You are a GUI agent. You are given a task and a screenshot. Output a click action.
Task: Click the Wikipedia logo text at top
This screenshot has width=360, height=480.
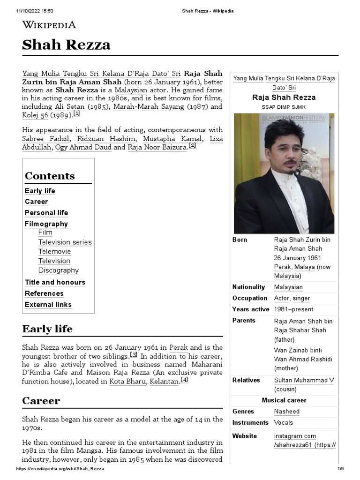pos(49,25)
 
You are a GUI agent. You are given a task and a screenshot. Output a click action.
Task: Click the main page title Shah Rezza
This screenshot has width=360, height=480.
pos(66,45)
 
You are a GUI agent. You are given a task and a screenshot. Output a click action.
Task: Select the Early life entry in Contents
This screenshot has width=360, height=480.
pos(40,191)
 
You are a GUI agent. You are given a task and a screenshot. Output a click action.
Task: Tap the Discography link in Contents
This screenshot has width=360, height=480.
pos(59,270)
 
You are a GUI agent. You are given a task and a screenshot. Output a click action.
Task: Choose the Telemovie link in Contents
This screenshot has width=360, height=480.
pos(54,252)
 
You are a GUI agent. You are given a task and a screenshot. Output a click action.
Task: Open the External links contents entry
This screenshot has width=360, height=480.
pos(48,305)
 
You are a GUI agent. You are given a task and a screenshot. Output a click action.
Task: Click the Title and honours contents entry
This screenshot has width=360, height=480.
pos(55,282)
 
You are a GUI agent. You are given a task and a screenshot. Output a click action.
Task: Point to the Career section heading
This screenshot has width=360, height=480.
pos(41,401)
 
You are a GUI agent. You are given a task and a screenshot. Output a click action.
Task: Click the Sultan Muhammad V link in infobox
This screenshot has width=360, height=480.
pos(304,380)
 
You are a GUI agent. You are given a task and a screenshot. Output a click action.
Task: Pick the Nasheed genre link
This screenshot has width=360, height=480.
pos(286,412)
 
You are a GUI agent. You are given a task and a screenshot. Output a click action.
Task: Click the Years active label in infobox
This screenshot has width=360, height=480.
pos(251,309)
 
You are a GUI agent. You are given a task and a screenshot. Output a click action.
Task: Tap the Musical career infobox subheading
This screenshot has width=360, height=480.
pos(284,400)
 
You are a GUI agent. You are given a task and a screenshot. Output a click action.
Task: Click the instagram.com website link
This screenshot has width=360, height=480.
pos(295,436)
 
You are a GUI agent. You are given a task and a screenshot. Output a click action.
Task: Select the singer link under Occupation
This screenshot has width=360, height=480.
pos(301,298)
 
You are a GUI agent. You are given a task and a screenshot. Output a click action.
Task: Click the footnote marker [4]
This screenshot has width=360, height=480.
pos(184,380)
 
